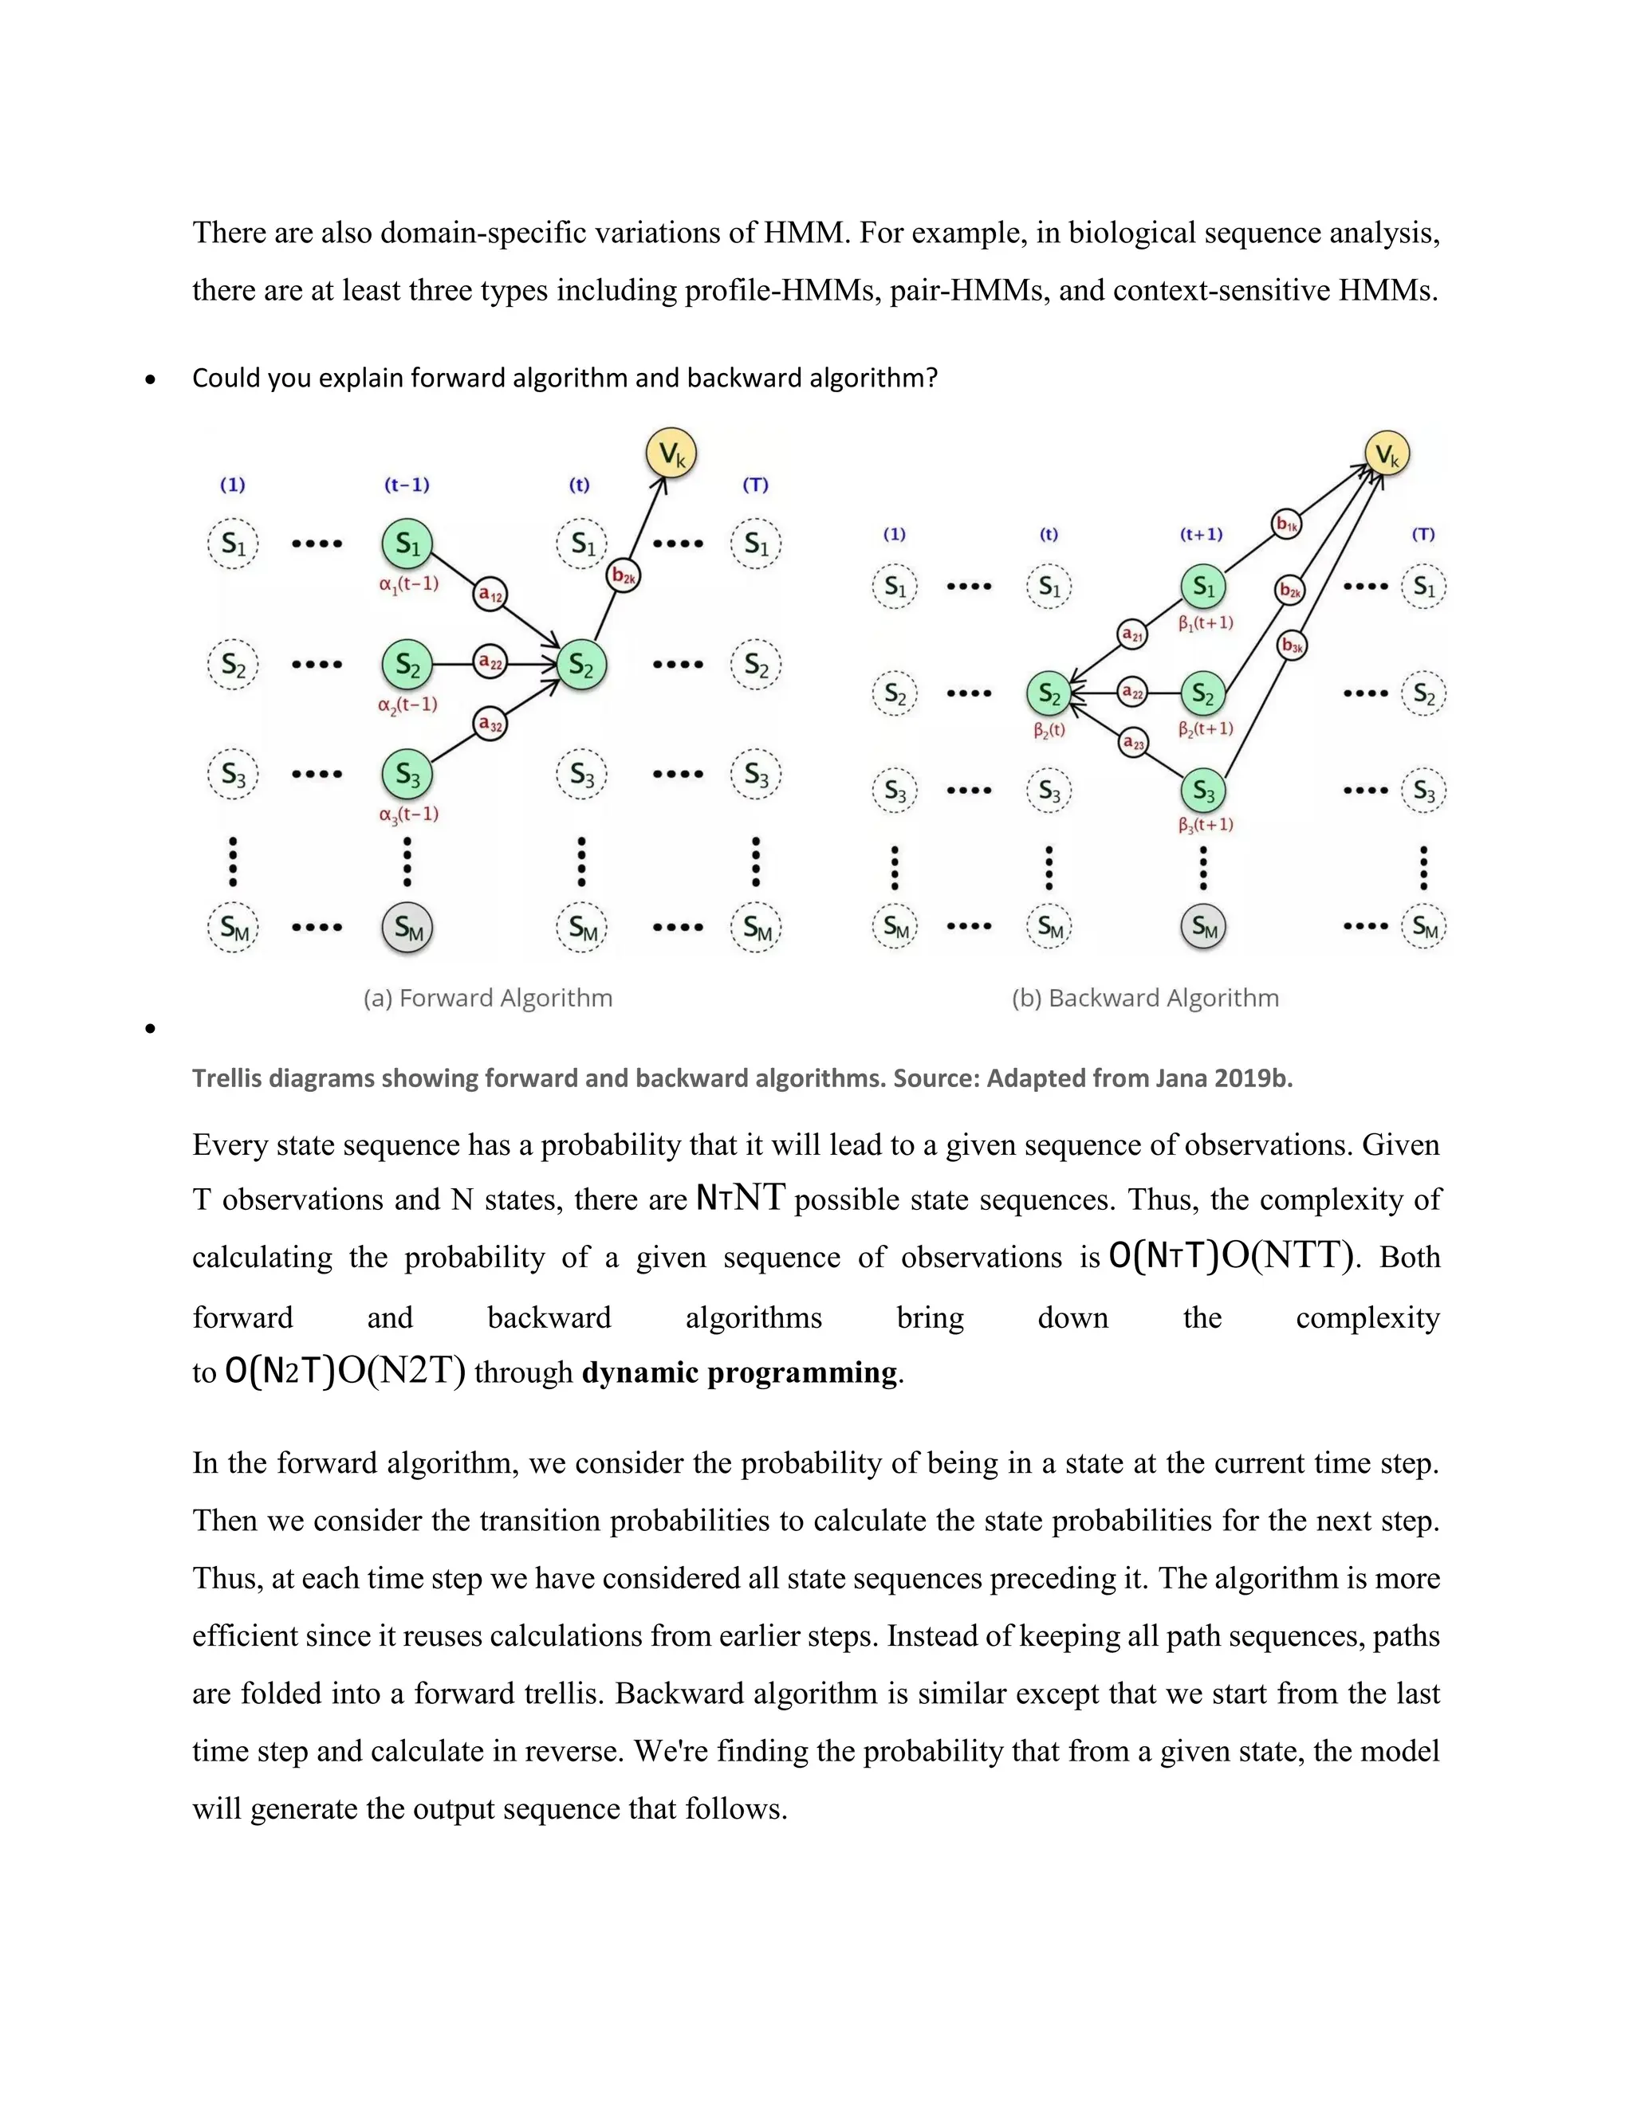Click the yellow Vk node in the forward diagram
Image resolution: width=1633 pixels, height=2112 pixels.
click(671, 453)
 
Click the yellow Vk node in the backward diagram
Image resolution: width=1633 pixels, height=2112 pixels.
click(1387, 454)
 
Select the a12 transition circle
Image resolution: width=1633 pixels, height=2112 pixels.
click(491, 594)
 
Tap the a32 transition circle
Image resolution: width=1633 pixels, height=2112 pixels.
click(490, 724)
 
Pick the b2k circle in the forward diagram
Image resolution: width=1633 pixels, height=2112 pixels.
click(624, 577)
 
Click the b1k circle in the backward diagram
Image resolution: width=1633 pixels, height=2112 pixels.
click(1285, 524)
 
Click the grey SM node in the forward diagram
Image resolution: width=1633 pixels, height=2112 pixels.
click(407, 928)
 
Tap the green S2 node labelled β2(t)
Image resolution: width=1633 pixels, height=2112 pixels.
click(1049, 693)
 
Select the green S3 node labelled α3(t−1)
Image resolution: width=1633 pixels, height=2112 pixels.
click(407, 774)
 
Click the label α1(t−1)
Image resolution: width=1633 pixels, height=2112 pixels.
click(408, 584)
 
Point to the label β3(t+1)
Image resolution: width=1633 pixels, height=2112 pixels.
click(1206, 825)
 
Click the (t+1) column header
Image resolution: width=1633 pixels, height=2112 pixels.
click(1202, 534)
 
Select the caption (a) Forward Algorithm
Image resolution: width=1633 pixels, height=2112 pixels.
click(487, 998)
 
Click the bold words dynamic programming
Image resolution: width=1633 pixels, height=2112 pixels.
click(739, 1372)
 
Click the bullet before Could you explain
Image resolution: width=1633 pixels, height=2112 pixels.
click(150, 380)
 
